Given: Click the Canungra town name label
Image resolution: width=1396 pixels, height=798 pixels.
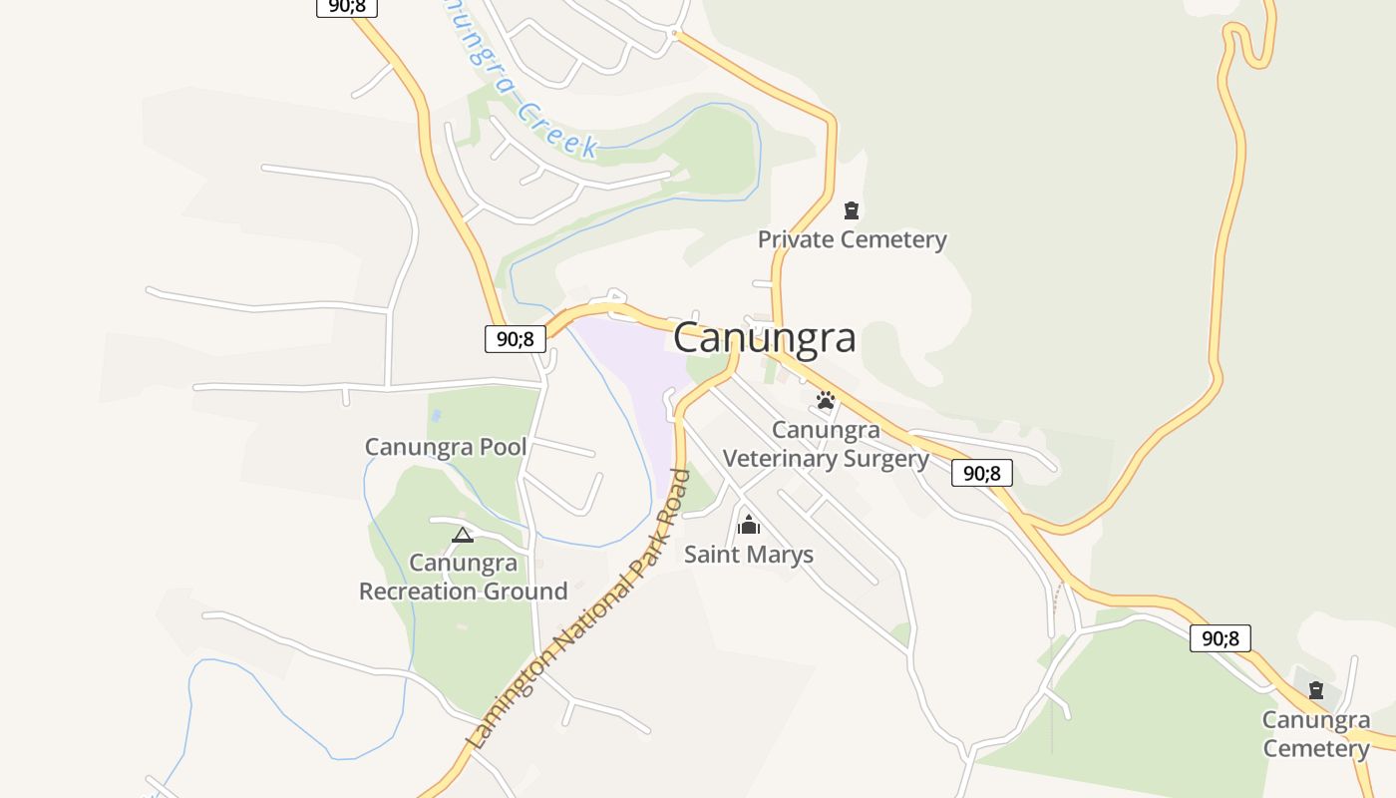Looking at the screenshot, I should click(x=764, y=338).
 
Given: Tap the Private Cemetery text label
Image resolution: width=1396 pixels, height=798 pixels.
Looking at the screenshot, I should click(x=852, y=239).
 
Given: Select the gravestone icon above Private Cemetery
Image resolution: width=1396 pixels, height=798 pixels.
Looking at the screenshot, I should click(x=852, y=210).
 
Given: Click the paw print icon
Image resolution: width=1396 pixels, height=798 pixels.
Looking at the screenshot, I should click(x=826, y=401).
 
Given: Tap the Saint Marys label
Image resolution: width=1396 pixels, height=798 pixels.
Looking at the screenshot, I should click(x=749, y=555).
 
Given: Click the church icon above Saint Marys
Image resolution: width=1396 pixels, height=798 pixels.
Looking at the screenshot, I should click(x=749, y=525).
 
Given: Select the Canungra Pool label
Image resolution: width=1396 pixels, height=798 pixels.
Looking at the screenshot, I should click(x=446, y=447).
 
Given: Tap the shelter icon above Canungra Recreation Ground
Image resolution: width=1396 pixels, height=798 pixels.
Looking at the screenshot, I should click(x=463, y=536).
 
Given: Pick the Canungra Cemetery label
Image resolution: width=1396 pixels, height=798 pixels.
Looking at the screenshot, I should click(x=1316, y=733).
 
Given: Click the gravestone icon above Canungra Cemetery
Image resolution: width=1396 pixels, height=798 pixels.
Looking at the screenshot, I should click(x=1316, y=689).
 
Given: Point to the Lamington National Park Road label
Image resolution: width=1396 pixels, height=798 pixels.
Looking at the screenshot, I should click(x=578, y=610).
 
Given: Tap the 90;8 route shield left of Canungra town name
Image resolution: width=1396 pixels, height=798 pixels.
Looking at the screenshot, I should click(x=516, y=339).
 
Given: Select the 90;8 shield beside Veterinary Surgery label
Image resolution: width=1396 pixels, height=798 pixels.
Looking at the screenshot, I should click(x=982, y=473).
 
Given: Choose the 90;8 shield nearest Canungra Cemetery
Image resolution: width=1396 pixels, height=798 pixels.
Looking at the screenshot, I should click(x=1221, y=638).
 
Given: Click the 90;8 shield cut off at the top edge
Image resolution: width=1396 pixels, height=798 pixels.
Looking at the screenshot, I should click(x=347, y=7).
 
